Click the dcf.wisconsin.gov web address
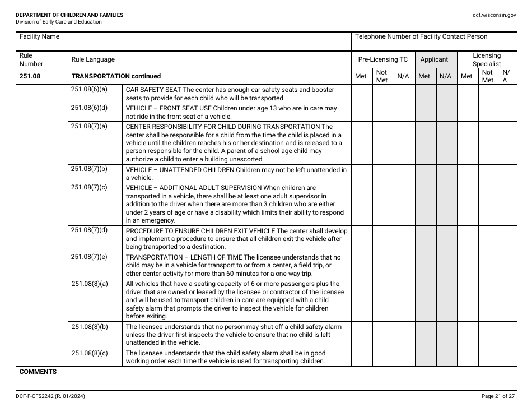(494, 15)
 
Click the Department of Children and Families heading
(69, 15)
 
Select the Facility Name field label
(39, 37)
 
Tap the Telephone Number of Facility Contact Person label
(421, 37)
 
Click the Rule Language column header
(92, 59)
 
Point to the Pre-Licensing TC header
(383, 59)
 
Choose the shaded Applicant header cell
(434, 59)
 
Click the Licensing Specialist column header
(487, 59)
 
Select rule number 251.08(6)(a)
(89, 90)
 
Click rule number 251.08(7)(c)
(89, 188)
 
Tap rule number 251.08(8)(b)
(89, 327)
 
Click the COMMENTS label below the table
(38, 372)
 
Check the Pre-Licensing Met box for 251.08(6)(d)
(362, 112)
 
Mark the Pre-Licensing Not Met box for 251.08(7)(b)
(383, 173)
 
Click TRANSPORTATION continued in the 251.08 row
(116, 76)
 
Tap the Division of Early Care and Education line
(59, 22)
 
